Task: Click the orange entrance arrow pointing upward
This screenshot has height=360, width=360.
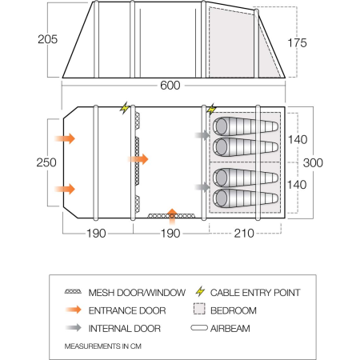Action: click(172, 213)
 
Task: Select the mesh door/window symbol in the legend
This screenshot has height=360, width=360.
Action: click(74, 293)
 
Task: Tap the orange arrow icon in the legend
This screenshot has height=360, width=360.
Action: click(74, 310)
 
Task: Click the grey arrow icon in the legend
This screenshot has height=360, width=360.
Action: click(74, 328)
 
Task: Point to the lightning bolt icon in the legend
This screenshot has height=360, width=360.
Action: click(200, 293)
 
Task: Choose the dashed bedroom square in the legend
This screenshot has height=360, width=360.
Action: click(200, 310)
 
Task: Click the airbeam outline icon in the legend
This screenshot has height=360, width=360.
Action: click(200, 328)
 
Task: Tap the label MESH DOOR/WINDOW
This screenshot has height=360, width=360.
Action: click(137, 293)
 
